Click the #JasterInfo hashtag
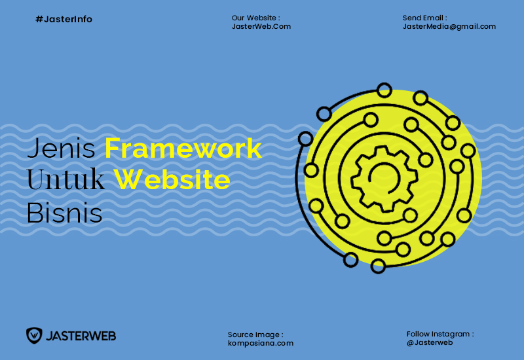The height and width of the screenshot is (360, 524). pyautogui.click(x=64, y=20)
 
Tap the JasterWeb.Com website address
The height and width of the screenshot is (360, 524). pyautogui.click(x=261, y=26)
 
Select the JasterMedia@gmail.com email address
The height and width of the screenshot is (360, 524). pyautogui.click(x=449, y=27)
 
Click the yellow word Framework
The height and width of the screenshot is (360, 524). pyautogui.click(x=183, y=149)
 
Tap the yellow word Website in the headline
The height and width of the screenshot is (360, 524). pyautogui.click(x=172, y=179)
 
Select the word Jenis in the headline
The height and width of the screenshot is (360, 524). pyautogui.click(x=61, y=149)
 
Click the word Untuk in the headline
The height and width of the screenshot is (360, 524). pyautogui.click(x=66, y=179)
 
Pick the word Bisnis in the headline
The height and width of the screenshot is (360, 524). pyautogui.click(x=64, y=213)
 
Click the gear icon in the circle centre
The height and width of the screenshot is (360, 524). pyautogui.click(x=384, y=179)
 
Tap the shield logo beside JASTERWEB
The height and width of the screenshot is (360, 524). pyautogui.click(x=34, y=336)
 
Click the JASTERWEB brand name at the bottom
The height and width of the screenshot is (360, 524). pyautogui.click(x=81, y=336)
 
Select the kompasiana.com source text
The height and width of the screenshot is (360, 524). pyautogui.click(x=261, y=343)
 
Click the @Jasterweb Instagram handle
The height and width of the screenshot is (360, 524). pyautogui.click(x=430, y=342)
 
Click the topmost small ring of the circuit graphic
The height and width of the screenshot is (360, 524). pyautogui.click(x=384, y=90)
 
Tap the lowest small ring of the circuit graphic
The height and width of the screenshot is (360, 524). pyautogui.click(x=379, y=266)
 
